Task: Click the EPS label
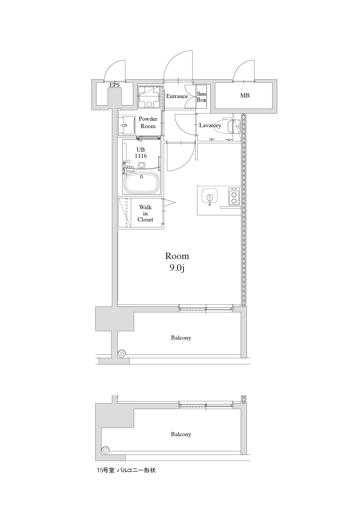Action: tap(115, 85)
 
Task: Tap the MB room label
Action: tap(245, 95)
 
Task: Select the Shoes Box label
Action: tap(201, 97)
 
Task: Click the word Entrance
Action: tap(177, 96)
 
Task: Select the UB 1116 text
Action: tap(140, 153)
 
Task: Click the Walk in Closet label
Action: tap(145, 213)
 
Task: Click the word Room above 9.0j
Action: tap(177, 256)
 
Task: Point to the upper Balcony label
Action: tap(181, 338)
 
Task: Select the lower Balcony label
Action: tap(181, 434)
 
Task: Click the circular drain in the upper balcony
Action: tap(122, 354)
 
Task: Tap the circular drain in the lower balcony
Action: tap(106, 450)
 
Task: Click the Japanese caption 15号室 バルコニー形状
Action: tap(126, 470)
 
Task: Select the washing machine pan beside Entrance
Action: tap(149, 97)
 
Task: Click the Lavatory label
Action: tap(210, 125)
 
